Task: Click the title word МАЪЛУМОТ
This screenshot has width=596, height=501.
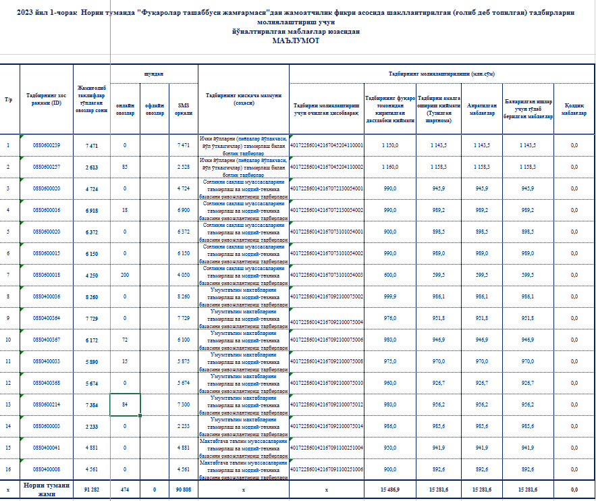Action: (x=296, y=41)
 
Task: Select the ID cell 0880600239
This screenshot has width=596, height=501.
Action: (x=47, y=146)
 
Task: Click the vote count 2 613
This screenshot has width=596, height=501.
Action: (x=92, y=167)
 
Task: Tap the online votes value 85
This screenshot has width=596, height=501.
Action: (x=125, y=167)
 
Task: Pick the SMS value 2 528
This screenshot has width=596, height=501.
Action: (x=183, y=167)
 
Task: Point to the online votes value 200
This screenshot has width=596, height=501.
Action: (x=125, y=275)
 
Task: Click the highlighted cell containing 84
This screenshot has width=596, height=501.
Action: (x=125, y=404)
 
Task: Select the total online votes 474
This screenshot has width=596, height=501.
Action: (x=125, y=489)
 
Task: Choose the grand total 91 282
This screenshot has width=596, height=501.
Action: (x=92, y=489)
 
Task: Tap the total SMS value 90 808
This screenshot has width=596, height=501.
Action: (x=183, y=489)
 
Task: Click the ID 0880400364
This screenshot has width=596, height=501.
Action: (x=47, y=318)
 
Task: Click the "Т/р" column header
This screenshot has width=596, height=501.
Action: (x=9, y=99)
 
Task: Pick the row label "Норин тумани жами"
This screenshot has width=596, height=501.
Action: (x=47, y=489)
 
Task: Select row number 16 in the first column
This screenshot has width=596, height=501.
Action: (x=9, y=469)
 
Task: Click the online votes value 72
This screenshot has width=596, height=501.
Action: (x=125, y=340)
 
